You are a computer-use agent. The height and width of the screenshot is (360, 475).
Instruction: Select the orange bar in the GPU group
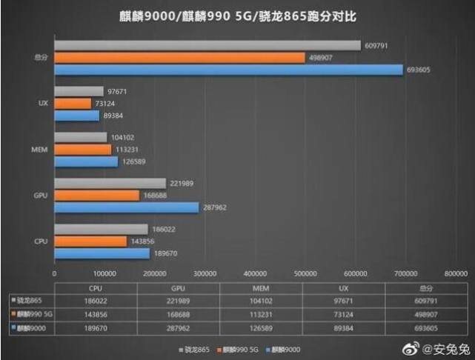pyautogui.click(x=96, y=195)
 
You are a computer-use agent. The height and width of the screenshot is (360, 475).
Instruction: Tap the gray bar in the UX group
pyautogui.click(x=79, y=90)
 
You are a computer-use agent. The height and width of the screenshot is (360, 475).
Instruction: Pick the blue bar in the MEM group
pyautogui.click(x=86, y=161)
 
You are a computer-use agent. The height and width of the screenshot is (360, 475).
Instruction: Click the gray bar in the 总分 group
pyautogui.click(x=207, y=45)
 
